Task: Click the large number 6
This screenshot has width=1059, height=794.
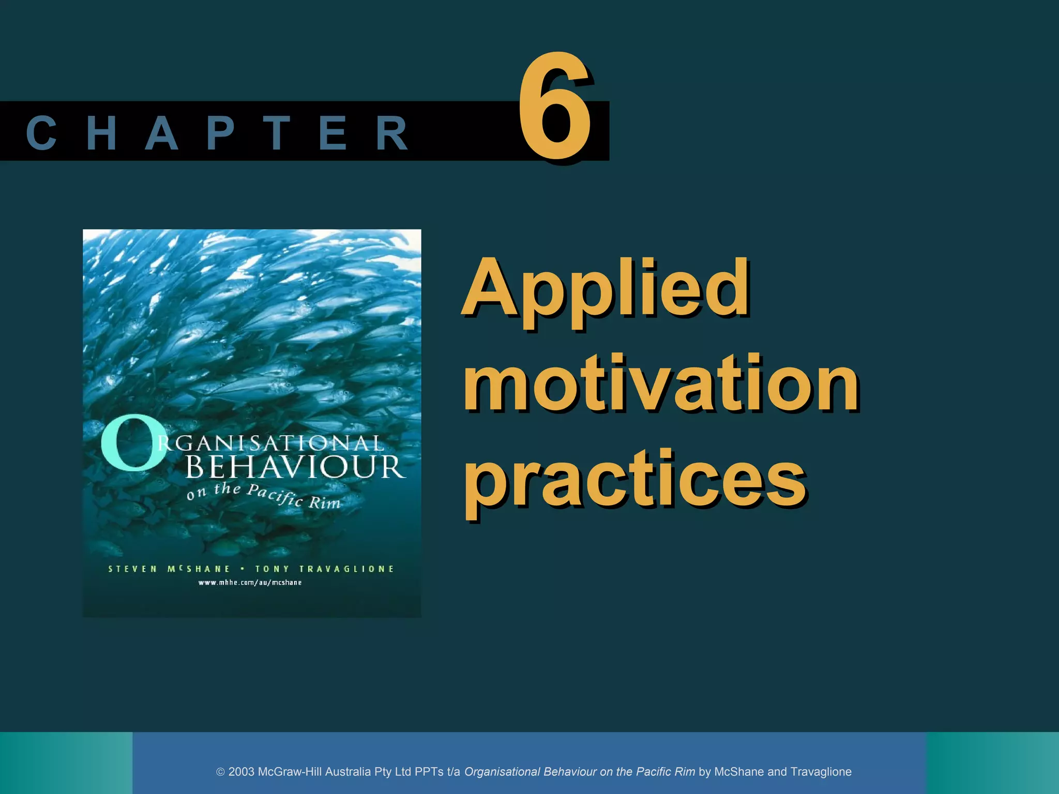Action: tap(554, 108)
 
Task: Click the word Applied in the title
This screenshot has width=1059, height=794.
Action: tap(605, 289)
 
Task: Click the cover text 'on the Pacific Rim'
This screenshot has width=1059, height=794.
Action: tap(264, 496)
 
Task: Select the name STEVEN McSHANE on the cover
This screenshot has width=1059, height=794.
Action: tap(169, 569)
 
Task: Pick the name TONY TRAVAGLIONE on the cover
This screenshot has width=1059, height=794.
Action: tap(324, 569)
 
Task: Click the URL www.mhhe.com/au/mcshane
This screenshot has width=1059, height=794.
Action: tap(250, 583)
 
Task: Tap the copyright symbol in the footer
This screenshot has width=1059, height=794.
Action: tap(220, 772)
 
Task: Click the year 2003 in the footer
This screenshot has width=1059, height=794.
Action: tap(241, 772)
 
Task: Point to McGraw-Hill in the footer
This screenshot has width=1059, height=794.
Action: tap(290, 772)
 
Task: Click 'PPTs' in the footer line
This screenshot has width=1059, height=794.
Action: tap(429, 772)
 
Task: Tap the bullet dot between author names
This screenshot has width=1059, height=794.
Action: tap(243, 569)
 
